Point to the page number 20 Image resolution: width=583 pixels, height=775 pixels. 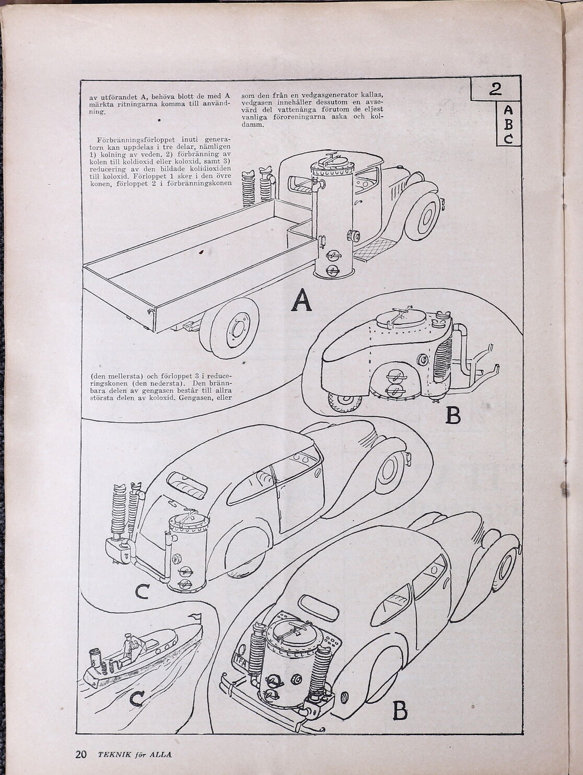pyautogui.click(x=81, y=754)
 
